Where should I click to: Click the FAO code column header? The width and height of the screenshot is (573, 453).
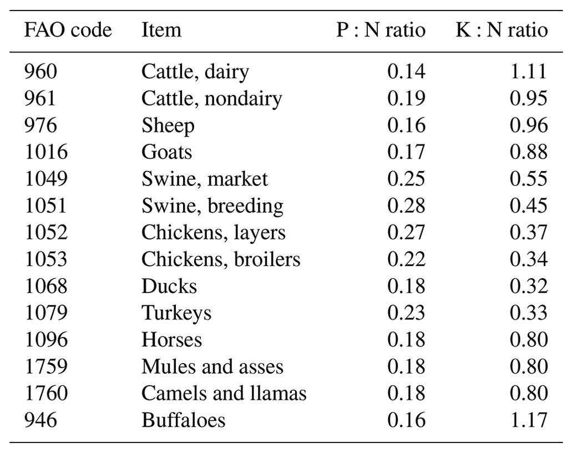click(x=68, y=30)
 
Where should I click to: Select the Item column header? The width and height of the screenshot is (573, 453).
click(x=161, y=30)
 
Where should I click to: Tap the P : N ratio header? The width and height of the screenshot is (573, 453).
click(x=381, y=30)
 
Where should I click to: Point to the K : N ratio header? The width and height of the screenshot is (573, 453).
click(x=501, y=30)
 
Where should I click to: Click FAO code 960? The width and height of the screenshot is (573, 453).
click(x=40, y=72)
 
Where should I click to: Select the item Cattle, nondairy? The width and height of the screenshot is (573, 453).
click(x=211, y=99)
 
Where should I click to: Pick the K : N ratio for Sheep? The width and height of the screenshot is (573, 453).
click(x=529, y=125)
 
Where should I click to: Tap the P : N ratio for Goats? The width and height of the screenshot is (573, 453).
click(x=406, y=152)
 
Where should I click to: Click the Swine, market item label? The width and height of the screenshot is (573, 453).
click(x=205, y=179)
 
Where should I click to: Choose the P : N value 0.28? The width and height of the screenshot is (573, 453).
click(x=406, y=205)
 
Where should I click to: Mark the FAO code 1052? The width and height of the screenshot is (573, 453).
click(x=46, y=232)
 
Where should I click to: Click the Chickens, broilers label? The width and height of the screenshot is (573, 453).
click(x=221, y=259)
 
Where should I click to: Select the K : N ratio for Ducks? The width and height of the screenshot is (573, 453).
click(x=529, y=286)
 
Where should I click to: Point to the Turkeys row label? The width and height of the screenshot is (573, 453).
click(x=176, y=313)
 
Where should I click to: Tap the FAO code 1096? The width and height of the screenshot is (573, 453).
click(x=46, y=339)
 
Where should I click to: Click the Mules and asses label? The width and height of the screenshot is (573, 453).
click(x=212, y=366)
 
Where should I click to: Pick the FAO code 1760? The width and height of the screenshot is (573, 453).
click(x=46, y=393)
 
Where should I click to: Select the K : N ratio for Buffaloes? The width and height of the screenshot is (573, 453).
click(x=529, y=420)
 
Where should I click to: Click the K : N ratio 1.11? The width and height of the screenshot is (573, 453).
click(x=529, y=72)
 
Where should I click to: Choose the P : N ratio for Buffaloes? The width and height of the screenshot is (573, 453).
click(x=406, y=420)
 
